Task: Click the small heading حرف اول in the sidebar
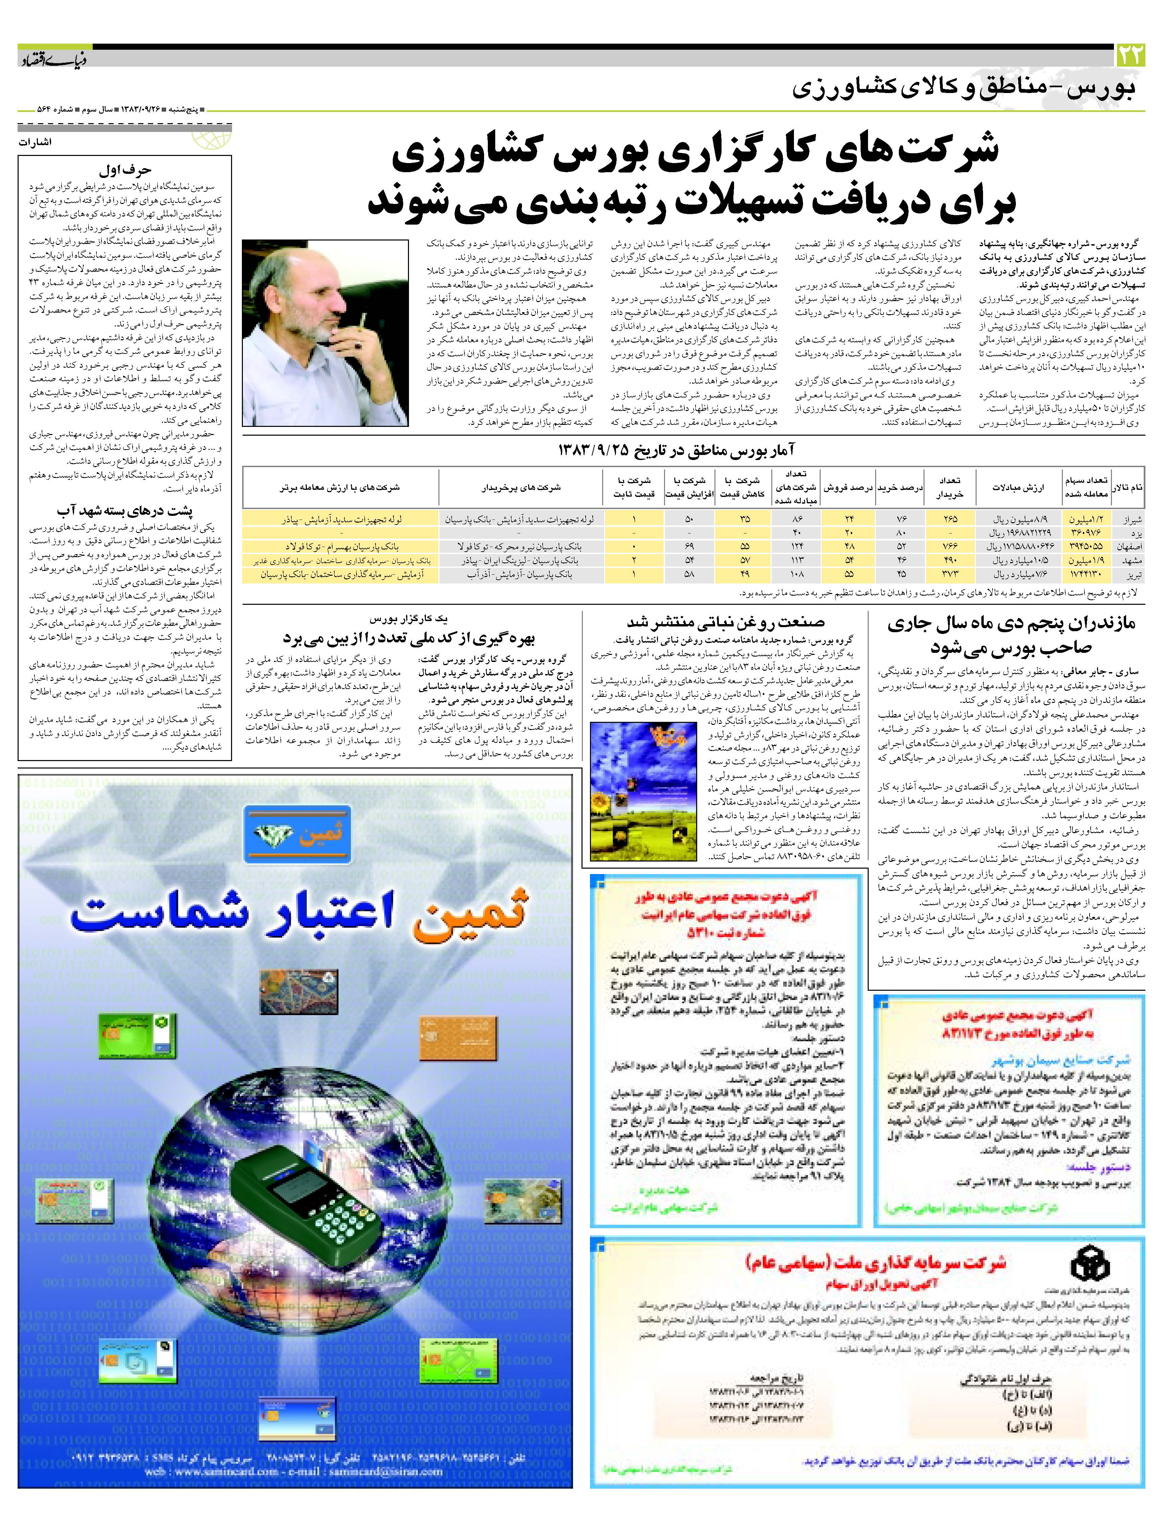pyautogui.click(x=125, y=169)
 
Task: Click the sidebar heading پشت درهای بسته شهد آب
pyautogui.click(x=125, y=511)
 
